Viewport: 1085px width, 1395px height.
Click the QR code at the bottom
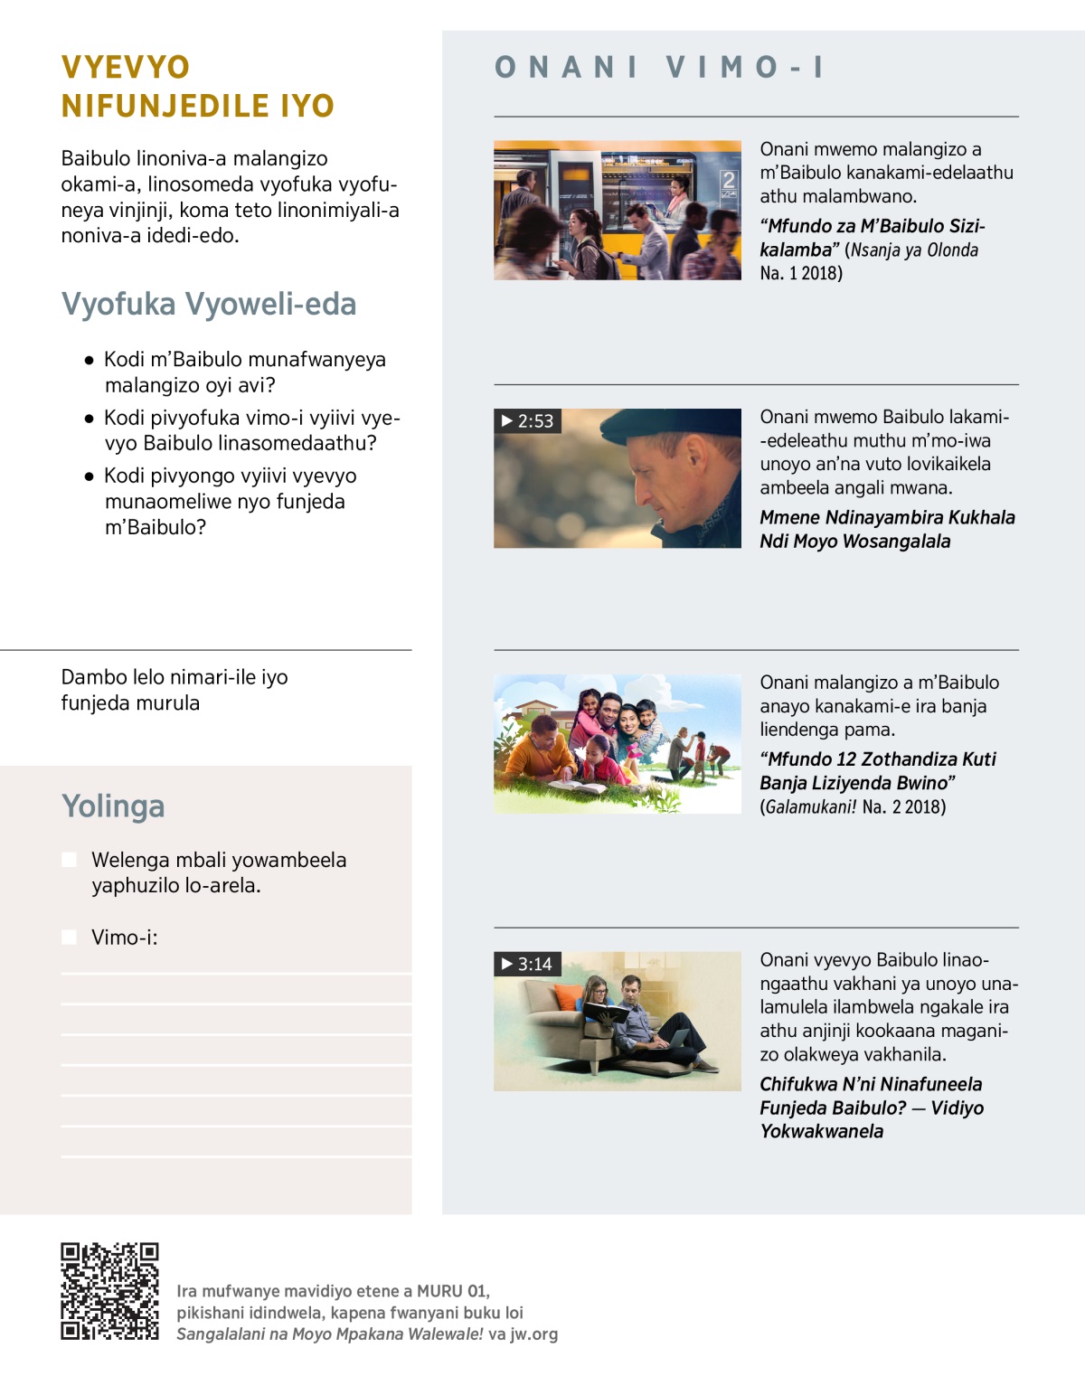tap(109, 1290)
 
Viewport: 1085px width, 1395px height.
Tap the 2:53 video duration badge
tap(527, 421)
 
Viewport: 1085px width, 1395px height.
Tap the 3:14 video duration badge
tap(527, 964)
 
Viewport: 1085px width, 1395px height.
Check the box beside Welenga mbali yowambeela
tap(69, 860)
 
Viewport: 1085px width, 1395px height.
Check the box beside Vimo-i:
tap(69, 938)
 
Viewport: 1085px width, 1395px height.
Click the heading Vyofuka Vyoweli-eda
tap(209, 305)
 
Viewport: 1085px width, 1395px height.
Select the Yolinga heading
tap(113, 806)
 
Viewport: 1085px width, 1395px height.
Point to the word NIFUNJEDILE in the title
tap(164, 106)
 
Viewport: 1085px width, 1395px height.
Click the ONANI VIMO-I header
tap(659, 67)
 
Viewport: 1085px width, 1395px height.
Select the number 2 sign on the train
tap(728, 181)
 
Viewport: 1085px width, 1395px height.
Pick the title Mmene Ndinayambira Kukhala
tap(887, 517)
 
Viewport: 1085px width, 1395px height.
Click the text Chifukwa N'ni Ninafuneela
tap(871, 1084)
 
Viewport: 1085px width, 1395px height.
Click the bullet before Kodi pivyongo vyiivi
tap(89, 476)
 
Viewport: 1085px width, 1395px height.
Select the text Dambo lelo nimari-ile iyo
tap(175, 677)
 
